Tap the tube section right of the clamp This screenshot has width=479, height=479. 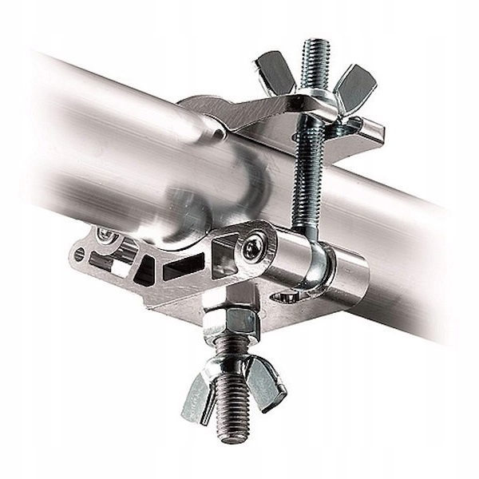coord(415,239)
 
